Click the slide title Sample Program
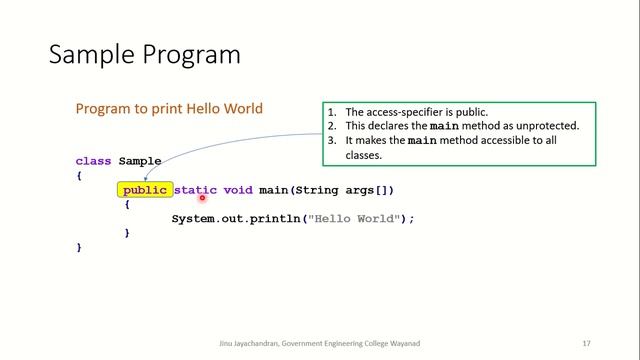145,53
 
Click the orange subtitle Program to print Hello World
169,108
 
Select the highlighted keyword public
144,190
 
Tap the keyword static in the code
196,190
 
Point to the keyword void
238,190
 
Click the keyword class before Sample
93,161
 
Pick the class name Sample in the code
140,161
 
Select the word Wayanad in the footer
402,343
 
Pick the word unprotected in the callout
545,126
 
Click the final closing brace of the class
79,246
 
